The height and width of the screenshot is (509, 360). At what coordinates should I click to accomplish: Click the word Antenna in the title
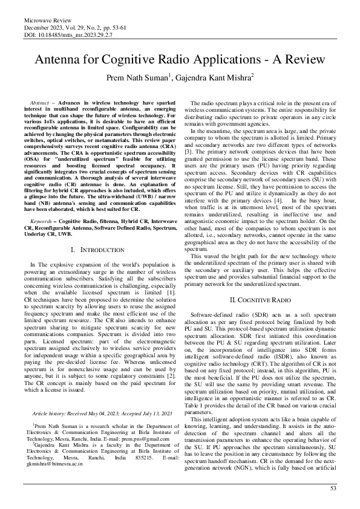(61, 59)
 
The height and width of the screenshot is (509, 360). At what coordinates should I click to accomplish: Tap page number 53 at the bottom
(332, 488)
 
